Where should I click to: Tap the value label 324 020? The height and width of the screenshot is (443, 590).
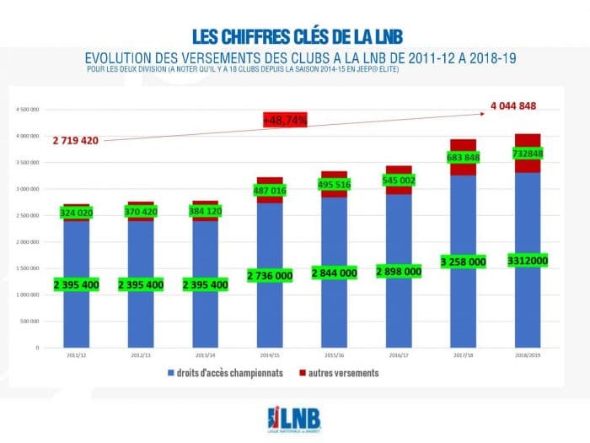pyautogui.click(x=76, y=213)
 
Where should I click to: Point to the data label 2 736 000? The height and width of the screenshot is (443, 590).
pyautogui.click(x=270, y=275)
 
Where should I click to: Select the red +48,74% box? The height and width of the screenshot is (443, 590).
pyautogui.click(x=285, y=121)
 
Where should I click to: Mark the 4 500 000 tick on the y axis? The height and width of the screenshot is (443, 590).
pyautogui.click(x=29, y=110)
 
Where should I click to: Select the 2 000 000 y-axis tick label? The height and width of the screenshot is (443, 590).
pyautogui.click(x=29, y=241)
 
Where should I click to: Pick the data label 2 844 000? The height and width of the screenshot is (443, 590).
pyautogui.click(x=335, y=273)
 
